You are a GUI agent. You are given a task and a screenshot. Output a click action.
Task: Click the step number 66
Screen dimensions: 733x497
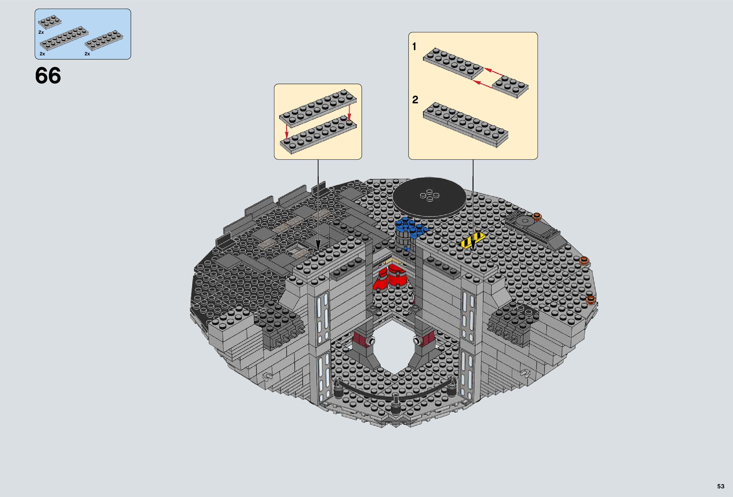(48, 76)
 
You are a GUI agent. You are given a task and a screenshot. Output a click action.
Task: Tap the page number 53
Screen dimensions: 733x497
(721, 486)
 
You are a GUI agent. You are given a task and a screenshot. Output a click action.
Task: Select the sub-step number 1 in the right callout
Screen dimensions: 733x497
(414, 47)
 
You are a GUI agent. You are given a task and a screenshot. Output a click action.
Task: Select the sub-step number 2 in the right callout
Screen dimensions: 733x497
(415, 100)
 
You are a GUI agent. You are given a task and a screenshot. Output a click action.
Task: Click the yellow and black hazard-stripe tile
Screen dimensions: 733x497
(472, 242)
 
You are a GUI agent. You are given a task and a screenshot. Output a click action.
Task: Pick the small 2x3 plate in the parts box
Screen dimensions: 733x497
(50, 22)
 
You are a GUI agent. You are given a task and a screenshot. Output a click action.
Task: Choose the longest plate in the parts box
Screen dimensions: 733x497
(64, 39)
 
